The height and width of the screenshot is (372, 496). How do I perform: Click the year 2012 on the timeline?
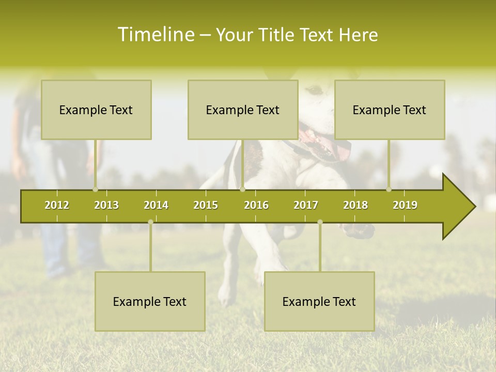pos(57,205)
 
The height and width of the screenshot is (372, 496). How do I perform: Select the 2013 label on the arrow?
pos(106,205)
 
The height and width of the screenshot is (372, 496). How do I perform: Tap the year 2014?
pos(156,205)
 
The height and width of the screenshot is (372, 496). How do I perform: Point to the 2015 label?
pos(206,205)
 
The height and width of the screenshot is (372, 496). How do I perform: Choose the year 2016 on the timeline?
pos(256,205)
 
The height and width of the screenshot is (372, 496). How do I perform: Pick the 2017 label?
pos(306,205)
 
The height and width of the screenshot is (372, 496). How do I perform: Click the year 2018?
pos(355,205)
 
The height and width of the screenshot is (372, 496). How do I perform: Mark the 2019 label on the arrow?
pos(405,205)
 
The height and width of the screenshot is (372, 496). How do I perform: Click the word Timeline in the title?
pos(155,35)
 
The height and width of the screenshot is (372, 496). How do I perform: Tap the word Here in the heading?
pos(358,35)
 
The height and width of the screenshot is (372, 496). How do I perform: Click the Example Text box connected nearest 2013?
pos(96,110)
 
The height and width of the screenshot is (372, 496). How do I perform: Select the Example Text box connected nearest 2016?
pos(243,110)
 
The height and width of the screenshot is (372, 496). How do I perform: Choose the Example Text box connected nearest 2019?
pos(390,110)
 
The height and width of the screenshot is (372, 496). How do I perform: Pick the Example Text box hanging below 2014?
pos(150,301)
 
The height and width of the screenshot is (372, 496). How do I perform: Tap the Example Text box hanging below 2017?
pos(319,301)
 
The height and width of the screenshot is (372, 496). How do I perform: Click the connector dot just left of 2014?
pos(150,222)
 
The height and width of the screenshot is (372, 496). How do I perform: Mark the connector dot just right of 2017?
pos(320,222)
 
